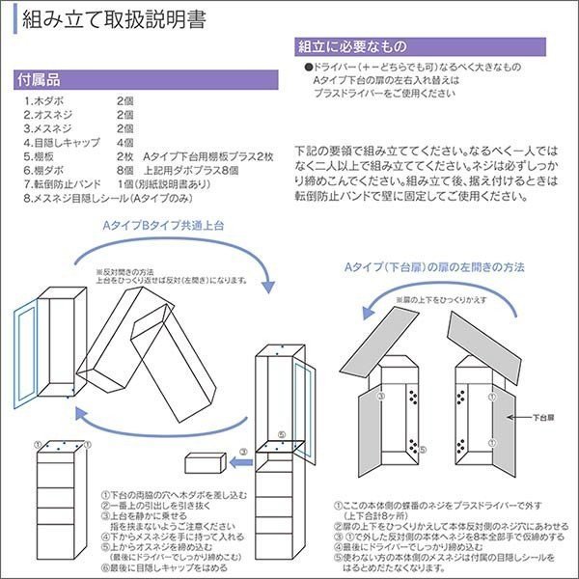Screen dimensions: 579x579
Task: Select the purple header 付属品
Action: click(41, 79)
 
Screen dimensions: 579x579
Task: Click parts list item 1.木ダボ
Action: click(43, 100)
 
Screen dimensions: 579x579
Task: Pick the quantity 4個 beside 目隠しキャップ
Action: click(124, 141)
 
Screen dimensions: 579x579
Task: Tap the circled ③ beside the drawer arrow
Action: click(244, 451)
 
